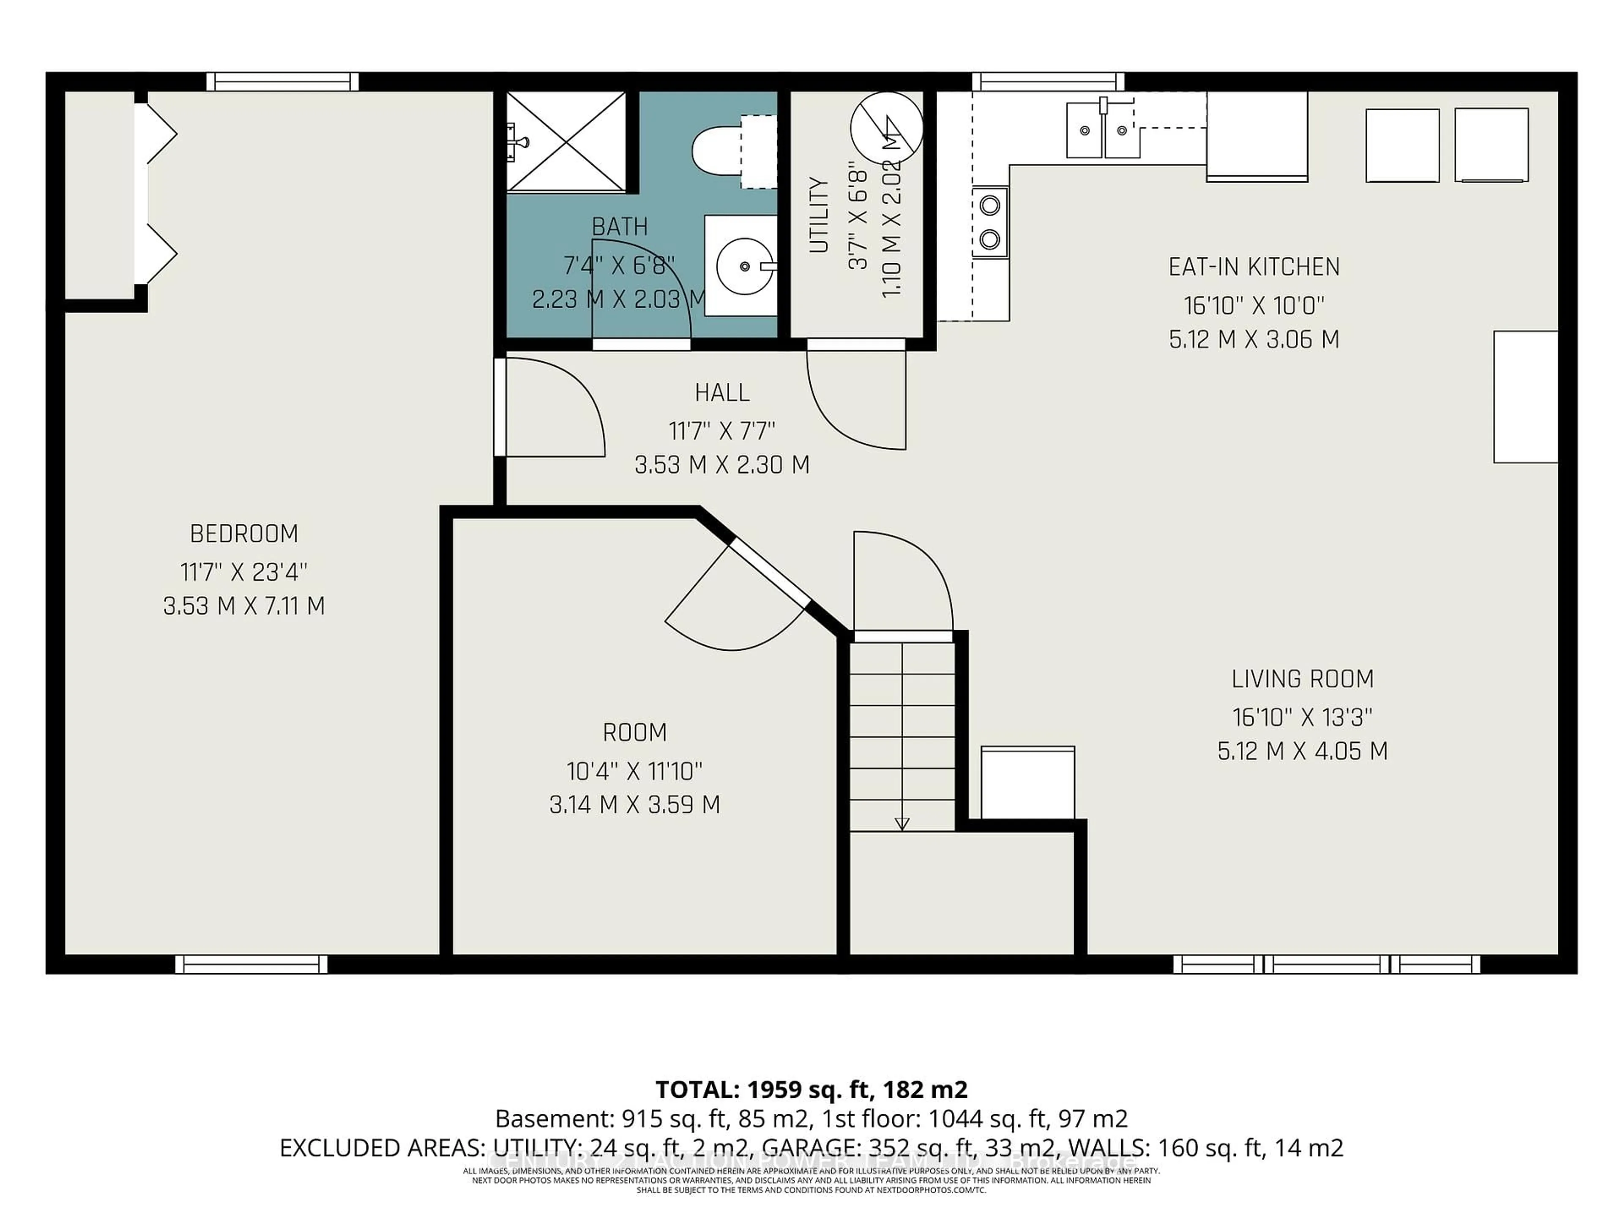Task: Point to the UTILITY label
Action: [x=819, y=215]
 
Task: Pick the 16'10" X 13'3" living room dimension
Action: [x=1302, y=717]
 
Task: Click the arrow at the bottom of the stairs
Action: [x=902, y=823]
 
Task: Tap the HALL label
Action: [x=722, y=393]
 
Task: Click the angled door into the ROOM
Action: [x=771, y=572]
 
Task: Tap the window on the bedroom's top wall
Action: [x=282, y=82]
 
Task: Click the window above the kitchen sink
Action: [x=1048, y=82]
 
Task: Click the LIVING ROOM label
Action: [x=1302, y=679]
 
